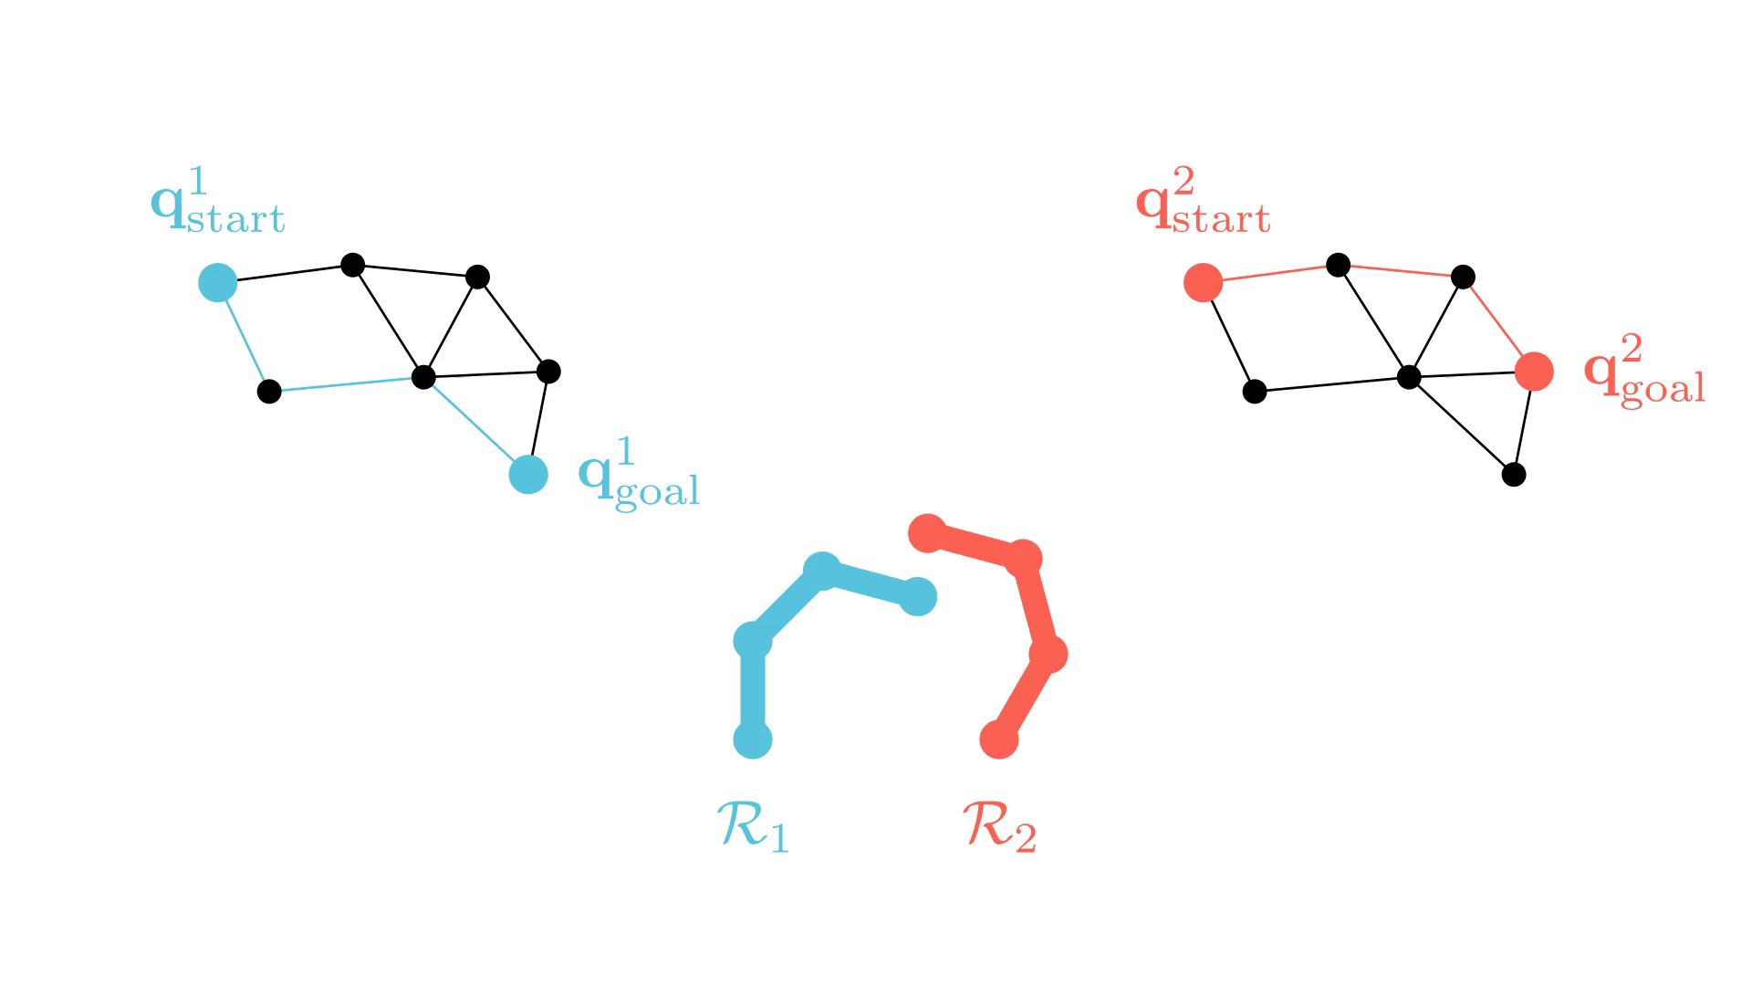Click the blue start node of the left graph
click(x=218, y=283)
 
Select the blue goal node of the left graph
click(x=528, y=475)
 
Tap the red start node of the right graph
click(x=1203, y=283)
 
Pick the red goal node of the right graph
click(x=1534, y=372)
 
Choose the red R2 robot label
click(x=1000, y=826)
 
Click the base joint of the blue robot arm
click(x=753, y=739)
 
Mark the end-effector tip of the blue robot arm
click(x=917, y=597)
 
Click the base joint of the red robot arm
click(x=999, y=739)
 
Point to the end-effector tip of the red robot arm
click(x=928, y=533)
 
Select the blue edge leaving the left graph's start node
click(x=244, y=338)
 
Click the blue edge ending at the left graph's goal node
click(x=474, y=425)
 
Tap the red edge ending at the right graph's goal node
click(x=1497, y=323)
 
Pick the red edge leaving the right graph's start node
click(x=1270, y=274)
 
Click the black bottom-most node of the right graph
click(x=1514, y=475)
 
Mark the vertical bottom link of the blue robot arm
click(x=753, y=690)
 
